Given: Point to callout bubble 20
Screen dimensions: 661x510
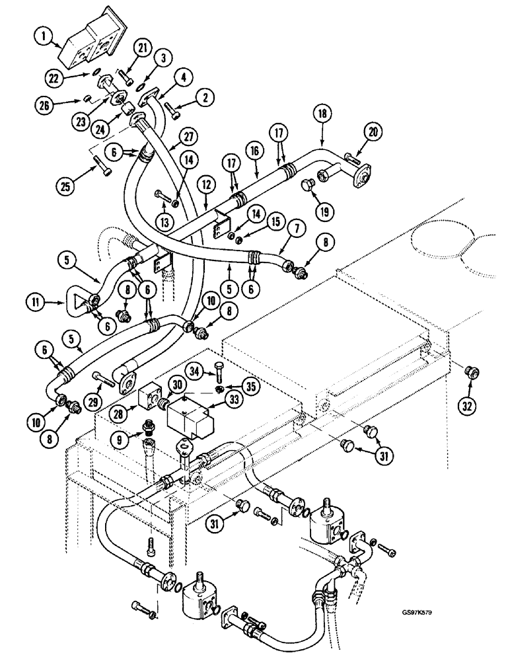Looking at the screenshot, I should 374,132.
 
